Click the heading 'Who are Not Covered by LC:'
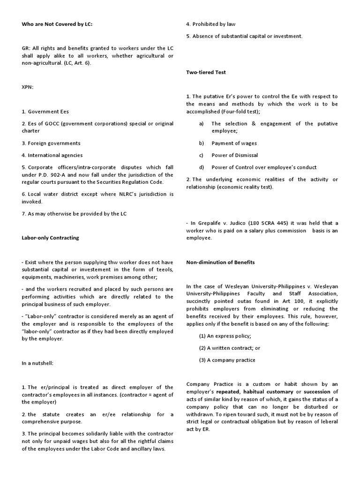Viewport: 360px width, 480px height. click(x=57, y=24)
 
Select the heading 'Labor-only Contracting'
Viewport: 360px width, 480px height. click(x=50, y=238)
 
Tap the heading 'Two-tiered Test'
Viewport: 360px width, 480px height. click(x=206, y=72)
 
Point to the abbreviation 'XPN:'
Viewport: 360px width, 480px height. click(x=28, y=87)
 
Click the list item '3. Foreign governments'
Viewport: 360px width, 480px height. click(x=51, y=143)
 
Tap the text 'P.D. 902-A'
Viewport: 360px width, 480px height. click(x=55, y=175)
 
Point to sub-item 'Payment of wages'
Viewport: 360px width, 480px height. click(x=234, y=143)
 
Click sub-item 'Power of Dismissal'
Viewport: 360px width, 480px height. click(x=234, y=155)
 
